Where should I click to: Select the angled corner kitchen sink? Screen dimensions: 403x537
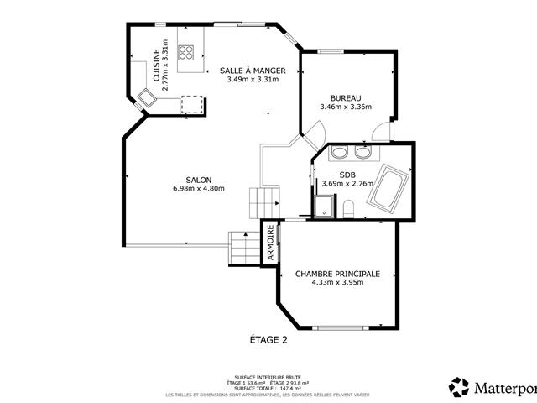pos(148,97)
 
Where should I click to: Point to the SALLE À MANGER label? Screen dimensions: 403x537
pos(253,71)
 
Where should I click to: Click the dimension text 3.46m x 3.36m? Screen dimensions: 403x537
pos(346,107)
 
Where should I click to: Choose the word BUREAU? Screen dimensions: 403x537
pos(346,97)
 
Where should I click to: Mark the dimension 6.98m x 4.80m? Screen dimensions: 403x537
pos(199,189)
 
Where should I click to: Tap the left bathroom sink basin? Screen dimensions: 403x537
pos(340,153)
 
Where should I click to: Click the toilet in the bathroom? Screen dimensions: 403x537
pos(349,208)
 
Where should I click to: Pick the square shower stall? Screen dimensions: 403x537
pos(322,207)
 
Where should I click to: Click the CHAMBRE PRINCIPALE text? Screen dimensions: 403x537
pos(337,274)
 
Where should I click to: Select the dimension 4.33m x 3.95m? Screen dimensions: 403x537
pos(337,283)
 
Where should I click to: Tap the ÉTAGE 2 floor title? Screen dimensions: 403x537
pos(268,340)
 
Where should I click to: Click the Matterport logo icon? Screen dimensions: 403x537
pos(459,387)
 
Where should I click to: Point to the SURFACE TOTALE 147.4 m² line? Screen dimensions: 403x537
pos(268,389)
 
